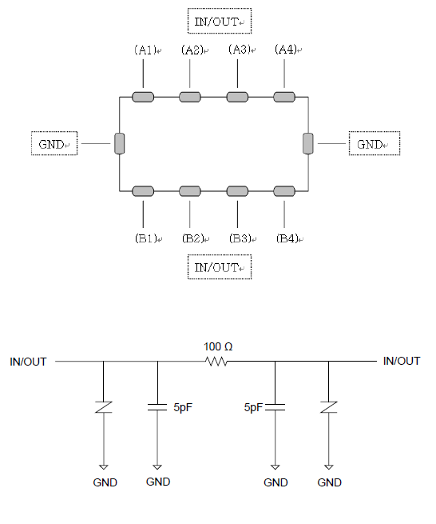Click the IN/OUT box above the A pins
pyautogui.click(x=219, y=21)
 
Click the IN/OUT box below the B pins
pyautogui.click(x=219, y=266)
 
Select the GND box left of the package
pyautogui.click(x=54, y=143)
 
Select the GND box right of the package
pyautogui.click(x=375, y=143)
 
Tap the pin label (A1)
pyautogui.click(x=145, y=50)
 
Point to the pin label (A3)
pyautogui.click(x=240, y=50)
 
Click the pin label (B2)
pyautogui.click(x=192, y=238)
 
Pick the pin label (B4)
pyautogui.click(x=287, y=238)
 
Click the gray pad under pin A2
pyautogui.click(x=190, y=97)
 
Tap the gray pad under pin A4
pyautogui.click(x=284, y=97)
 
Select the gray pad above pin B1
pyautogui.click(x=143, y=191)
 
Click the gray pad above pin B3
pyautogui.click(x=237, y=191)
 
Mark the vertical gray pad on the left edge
pyautogui.click(x=120, y=144)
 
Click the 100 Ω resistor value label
pyautogui.click(x=218, y=346)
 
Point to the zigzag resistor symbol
pyautogui.click(x=216, y=362)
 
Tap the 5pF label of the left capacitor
pyautogui.click(x=183, y=407)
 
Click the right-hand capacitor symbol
pyautogui.click(x=275, y=407)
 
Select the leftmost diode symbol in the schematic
pyautogui.click(x=104, y=407)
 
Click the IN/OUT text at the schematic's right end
pyautogui.click(x=402, y=361)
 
